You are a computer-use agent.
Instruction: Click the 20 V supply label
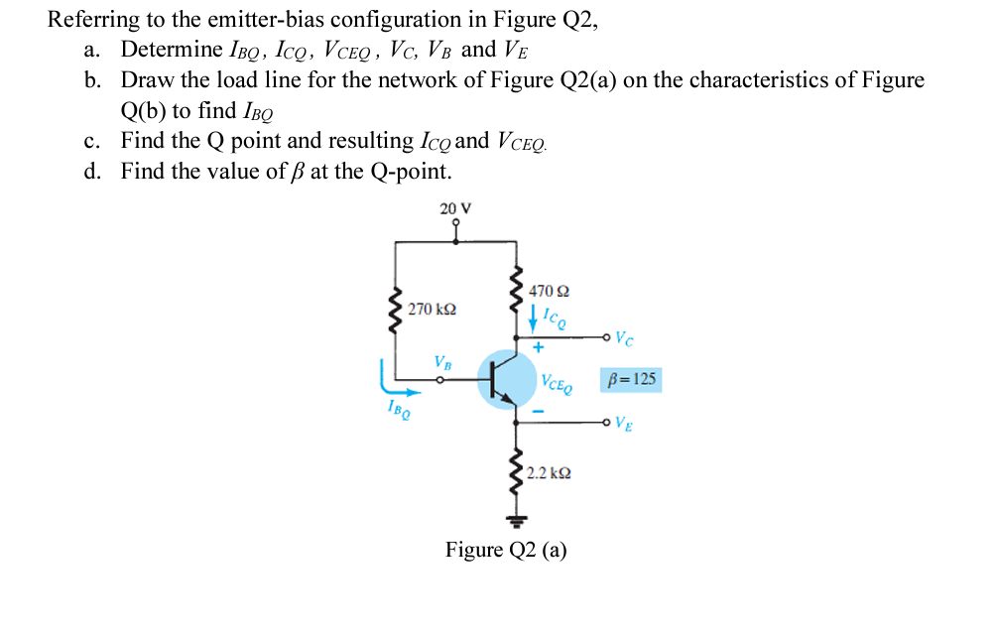coord(455,208)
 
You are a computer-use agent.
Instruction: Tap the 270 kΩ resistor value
coord(432,311)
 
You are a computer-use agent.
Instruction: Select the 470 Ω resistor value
coord(549,292)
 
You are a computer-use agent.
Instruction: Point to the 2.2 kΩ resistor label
coord(548,474)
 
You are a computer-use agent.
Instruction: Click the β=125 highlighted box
coord(630,380)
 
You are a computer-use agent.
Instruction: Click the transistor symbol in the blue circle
coord(506,379)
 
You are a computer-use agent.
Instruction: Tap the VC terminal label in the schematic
coord(623,338)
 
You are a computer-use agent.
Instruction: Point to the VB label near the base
coord(442,362)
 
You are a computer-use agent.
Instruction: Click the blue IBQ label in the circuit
coord(396,410)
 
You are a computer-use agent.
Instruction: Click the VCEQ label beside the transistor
coord(557,382)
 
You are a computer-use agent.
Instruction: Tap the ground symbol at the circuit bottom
coord(515,518)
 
